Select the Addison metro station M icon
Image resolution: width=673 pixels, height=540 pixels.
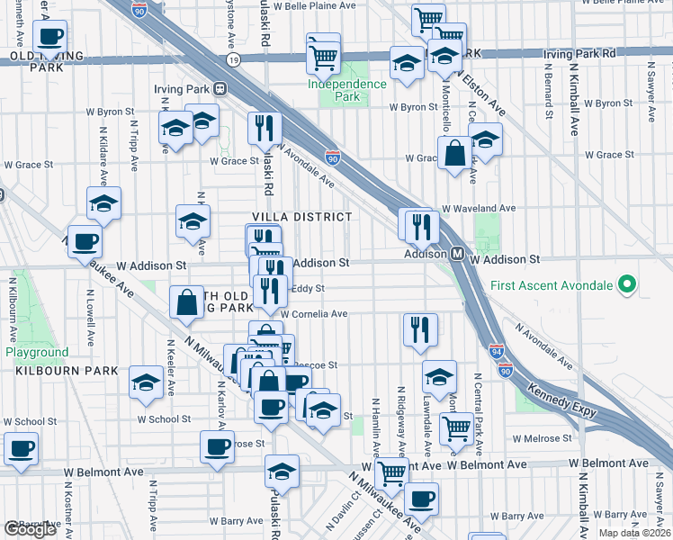click(x=457, y=255)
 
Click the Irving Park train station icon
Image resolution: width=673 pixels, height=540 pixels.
click(x=219, y=89)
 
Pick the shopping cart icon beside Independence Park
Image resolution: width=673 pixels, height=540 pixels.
click(x=323, y=56)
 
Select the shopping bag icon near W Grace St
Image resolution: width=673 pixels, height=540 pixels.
click(x=456, y=154)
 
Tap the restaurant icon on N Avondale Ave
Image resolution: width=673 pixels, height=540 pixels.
click(x=263, y=130)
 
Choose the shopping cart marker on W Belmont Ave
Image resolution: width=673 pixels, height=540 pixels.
click(x=390, y=472)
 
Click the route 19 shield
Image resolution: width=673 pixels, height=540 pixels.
click(x=234, y=59)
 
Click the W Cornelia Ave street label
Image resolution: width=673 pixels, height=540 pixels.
click(x=313, y=314)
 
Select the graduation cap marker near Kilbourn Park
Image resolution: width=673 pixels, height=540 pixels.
click(x=146, y=383)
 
